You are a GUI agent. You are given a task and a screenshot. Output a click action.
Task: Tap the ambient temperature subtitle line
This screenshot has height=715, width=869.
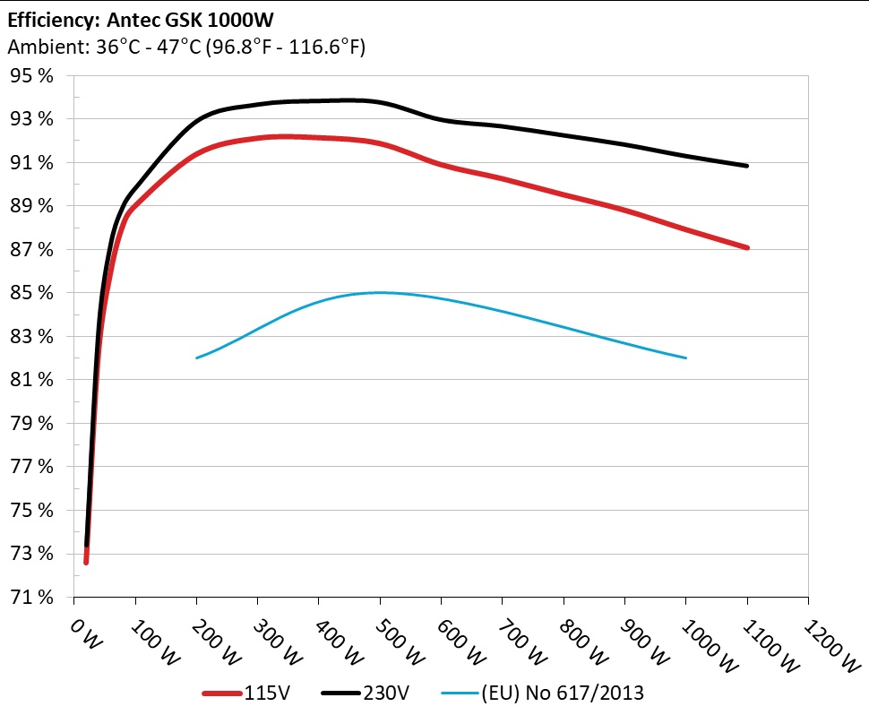pyautogui.click(x=185, y=47)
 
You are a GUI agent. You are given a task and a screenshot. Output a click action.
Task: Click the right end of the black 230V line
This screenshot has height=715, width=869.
pyautogui.click(x=746, y=166)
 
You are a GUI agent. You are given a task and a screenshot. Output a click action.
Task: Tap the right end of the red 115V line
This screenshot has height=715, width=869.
pyautogui.click(x=746, y=247)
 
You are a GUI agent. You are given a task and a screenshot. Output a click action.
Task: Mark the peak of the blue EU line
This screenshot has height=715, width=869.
pyautogui.click(x=380, y=292)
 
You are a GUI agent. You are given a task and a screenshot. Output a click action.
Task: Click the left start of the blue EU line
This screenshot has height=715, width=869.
pyautogui.click(x=197, y=358)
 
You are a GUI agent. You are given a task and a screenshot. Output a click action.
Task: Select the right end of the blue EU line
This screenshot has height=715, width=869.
pyautogui.click(x=685, y=358)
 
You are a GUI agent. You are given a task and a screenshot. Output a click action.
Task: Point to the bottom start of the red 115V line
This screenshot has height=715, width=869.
pyautogui.click(x=86, y=562)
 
